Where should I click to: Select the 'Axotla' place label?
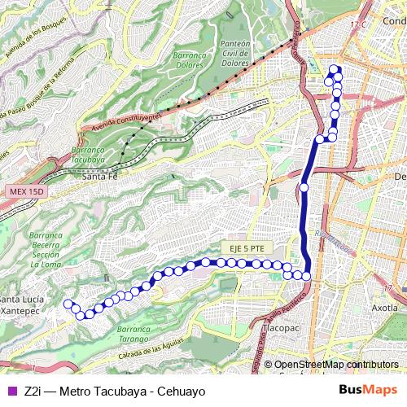384,309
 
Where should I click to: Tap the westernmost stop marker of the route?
68,304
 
